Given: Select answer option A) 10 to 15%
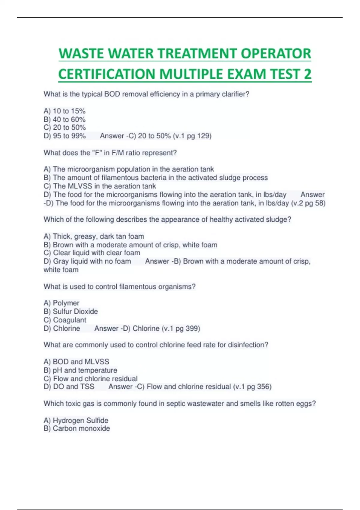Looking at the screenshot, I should click(x=64, y=111).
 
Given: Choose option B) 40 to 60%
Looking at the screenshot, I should click(x=64, y=119).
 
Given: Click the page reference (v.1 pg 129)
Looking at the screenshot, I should click(x=192, y=136).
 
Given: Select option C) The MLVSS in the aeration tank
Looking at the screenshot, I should click(x=100, y=186).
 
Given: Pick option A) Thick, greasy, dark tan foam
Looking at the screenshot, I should click(x=94, y=236).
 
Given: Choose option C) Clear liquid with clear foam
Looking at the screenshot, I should click(x=92, y=253).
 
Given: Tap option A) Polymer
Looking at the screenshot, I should click(x=61, y=303).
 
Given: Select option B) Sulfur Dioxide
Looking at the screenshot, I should click(x=71, y=311).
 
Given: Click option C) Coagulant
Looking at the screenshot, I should click(x=65, y=320).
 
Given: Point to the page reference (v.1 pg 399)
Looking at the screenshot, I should click(x=181, y=328).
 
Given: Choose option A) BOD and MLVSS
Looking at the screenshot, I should click(x=76, y=361).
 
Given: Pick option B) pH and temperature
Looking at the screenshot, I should click(x=80, y=370).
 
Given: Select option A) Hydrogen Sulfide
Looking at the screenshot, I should click(x=76, y=420).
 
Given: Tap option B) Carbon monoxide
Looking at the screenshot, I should click(x=77, y=428).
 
